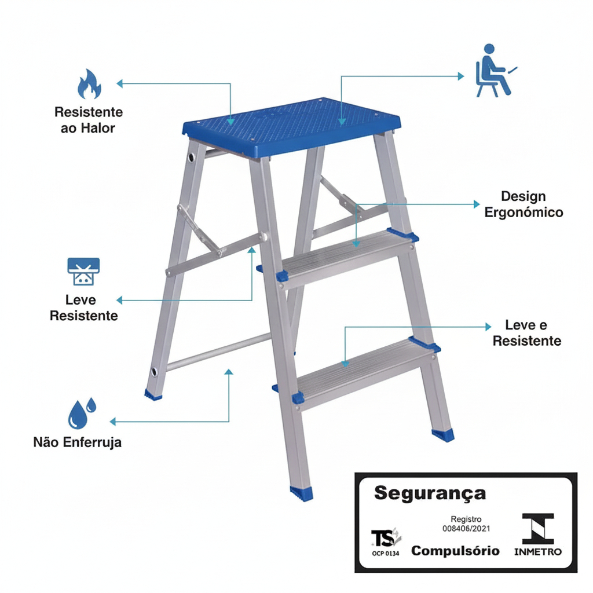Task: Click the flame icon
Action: click(x=89, y=84)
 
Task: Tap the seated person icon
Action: click(x=496, y=71)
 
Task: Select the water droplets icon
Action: click(x=82, y=413)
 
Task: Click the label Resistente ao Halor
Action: click(x=89, y=120)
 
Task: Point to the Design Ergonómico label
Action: click(x=524, y=204)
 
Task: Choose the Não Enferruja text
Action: click(x=78, y=442)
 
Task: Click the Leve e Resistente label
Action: click(x=527, y=333)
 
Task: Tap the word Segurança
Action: click(x=430, y=493)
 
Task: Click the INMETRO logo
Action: click(x=538, y=535)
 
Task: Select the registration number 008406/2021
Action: click(x=466, y=528)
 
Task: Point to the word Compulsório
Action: click(x=455, y=551)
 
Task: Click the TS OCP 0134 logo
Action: click(x=385, y=541)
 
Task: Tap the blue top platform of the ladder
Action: click(x=291, y=126)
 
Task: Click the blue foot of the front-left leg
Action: click(x=301, y=493)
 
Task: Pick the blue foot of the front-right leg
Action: click(x=443, y=435)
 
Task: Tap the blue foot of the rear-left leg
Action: click(x=153, y=395)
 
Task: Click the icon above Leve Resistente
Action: click(x=83, y=271)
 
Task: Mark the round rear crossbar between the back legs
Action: click(x=218, y=352)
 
